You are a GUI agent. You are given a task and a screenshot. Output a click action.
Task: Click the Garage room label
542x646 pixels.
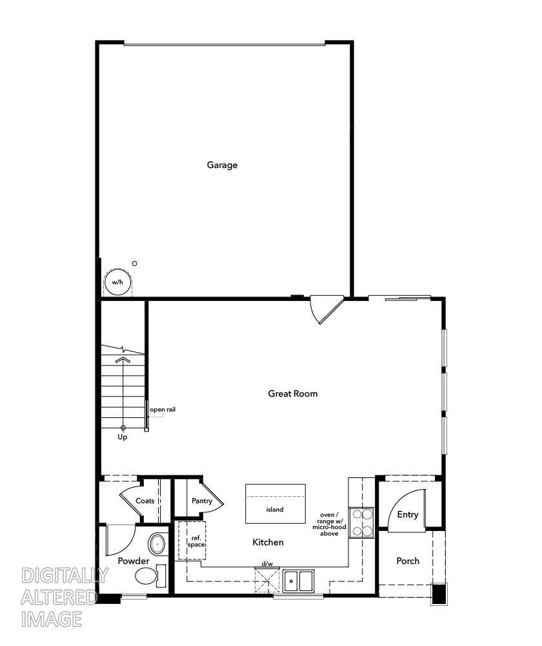[222, 165]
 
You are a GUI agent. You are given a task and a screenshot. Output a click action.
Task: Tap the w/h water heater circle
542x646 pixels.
[117, 282]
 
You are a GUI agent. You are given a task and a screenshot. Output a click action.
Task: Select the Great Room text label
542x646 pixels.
[293, 393]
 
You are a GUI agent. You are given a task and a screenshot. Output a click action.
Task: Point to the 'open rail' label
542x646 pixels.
[163, 410]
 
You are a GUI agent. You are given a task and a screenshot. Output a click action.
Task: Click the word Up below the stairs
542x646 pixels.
[123, 437]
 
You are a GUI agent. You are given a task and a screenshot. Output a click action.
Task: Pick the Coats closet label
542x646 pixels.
[145, 501]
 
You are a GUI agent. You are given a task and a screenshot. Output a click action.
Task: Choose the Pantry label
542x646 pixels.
[202, 501]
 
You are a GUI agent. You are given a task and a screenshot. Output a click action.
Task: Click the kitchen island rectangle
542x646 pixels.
[275, 504]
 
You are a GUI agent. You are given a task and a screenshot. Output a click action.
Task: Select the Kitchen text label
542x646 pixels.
[268, 543]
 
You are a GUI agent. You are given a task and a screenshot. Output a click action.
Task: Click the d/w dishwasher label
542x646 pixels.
[267, 564]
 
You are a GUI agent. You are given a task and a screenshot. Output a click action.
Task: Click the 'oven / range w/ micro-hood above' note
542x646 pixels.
[329, 525]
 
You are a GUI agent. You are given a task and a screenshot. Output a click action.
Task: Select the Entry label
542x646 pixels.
[408, 515]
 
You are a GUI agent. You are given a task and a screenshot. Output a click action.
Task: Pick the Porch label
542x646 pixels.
[408, 561]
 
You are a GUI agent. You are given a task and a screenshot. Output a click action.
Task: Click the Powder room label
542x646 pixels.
[134, 561]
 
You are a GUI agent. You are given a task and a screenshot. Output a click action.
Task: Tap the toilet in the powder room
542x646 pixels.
[148, 574]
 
